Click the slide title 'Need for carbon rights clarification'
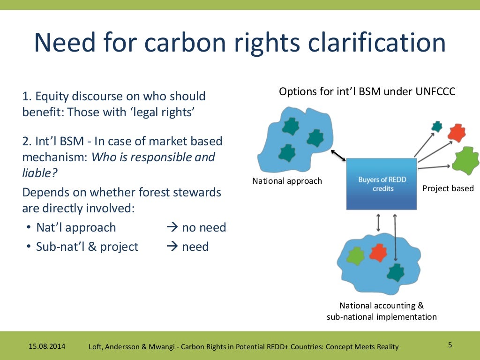240,43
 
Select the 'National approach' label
287,181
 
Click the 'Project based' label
448,188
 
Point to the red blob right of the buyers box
456,133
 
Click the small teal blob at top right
437,126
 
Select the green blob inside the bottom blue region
356,255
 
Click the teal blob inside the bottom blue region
396,272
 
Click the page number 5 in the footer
450,345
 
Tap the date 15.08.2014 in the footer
47,346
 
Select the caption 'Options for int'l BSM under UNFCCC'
367,92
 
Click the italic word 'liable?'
40,173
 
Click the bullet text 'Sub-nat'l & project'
87,247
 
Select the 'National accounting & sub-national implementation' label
382,311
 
